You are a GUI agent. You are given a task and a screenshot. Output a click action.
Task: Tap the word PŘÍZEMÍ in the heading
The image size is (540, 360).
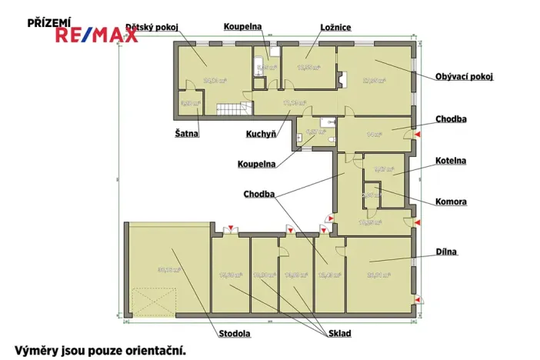pyautogui.click(x=49, y=23)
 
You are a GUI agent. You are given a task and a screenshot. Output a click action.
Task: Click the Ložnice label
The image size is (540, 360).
pyautogui.click(x=335, y=27)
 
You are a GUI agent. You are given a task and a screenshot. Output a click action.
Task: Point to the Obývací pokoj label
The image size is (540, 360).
pyautogui.click(x=464, y=76)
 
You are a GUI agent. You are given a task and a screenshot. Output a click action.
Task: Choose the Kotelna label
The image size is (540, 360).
pyautogui.click(x=451, y=161)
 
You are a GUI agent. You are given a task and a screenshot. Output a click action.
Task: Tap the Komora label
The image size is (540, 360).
pyautogui.click(x=452, y=202)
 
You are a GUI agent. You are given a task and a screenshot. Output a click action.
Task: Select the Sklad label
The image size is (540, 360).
pyautogui.click(x=339, y=333)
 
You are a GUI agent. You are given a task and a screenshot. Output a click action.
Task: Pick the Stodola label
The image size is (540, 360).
pyautogui.click(x=235, y=334)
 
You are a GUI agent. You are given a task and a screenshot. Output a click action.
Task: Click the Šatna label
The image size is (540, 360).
pyautogui.click(x=187, y=134)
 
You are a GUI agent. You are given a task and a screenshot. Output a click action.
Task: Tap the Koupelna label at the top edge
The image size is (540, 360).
pyautogui.click(x=243, y=26)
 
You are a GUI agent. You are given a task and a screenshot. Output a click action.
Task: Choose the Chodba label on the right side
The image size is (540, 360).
pyautogui.click(x=451, y=119)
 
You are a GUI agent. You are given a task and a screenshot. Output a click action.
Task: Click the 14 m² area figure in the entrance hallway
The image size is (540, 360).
pyautogui.click(x=375, y=134)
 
